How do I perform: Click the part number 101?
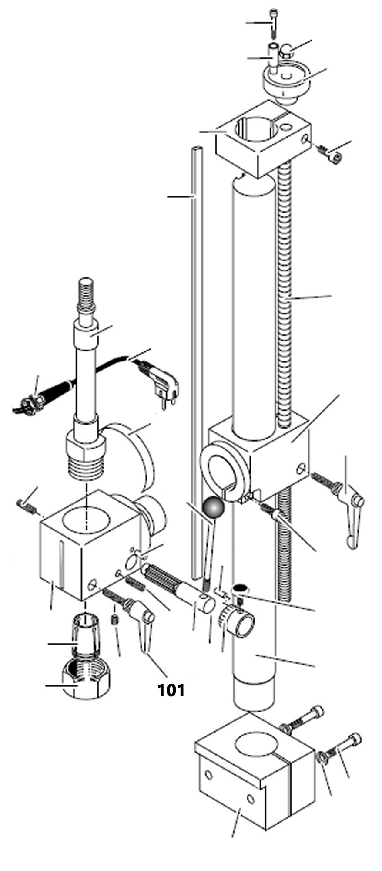(x=171, y=689)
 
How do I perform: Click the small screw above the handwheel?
(x=273, y=22)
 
